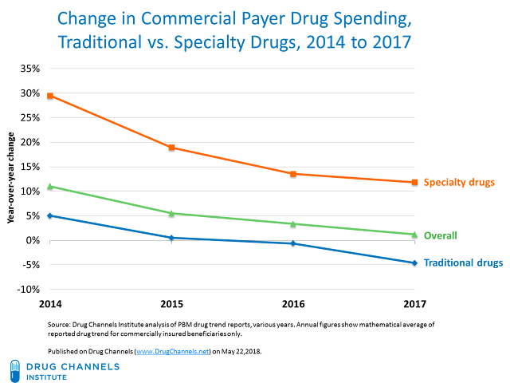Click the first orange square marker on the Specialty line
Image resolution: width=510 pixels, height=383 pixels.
pos(50,96)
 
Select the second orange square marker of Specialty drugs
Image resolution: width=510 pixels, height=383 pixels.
pos(172,148)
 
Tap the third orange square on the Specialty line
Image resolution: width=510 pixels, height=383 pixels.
pos(293,174)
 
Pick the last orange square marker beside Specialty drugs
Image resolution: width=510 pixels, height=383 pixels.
pos(414,182)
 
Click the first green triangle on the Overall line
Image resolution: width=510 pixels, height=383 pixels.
pos(50,187)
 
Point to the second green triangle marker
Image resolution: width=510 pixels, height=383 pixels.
pos(172,213)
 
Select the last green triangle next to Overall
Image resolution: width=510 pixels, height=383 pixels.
pos(414,234)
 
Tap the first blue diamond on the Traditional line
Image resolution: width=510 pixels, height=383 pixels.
pos(50,215)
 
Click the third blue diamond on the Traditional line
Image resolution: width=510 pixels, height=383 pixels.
pos(293,243)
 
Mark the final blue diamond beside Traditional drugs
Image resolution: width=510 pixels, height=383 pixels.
pos(414,263)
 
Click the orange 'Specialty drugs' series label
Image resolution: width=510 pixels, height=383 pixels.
pos(459,183)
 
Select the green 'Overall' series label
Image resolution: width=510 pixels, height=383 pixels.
pos(439,235)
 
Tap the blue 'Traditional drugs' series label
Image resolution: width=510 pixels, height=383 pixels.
pos(463,263)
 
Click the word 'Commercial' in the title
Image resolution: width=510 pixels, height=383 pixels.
pos(185,17)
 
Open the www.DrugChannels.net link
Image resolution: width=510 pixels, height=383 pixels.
pos(172,351)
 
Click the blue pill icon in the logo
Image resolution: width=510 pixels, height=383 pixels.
pos(15,370)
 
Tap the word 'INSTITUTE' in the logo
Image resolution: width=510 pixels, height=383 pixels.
pos(47,377)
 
